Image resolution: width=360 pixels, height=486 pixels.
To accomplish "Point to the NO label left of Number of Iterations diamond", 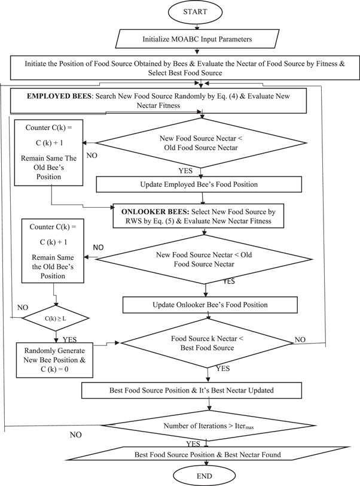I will (76, 435).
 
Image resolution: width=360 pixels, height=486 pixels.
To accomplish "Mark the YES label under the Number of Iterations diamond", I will (193, 444).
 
